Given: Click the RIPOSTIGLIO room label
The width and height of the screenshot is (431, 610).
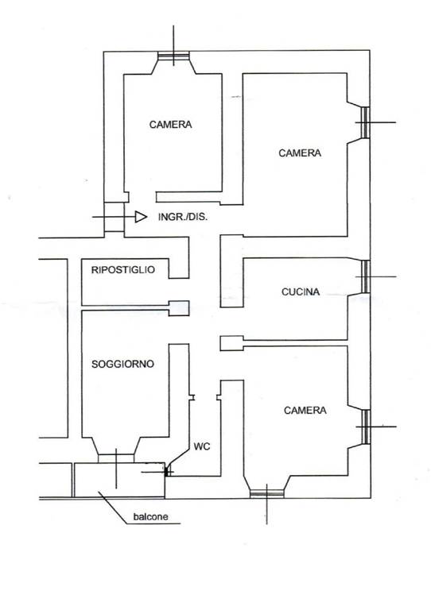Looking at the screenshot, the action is tap(123, 269).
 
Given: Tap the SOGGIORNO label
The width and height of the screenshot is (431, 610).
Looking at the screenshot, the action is tap(123, 364).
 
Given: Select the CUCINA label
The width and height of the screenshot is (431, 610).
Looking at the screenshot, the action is tap(301, 291).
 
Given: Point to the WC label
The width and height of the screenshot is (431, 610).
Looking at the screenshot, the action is tap(202, 446).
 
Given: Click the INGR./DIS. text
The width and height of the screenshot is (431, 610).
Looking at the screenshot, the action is tap(183, 217).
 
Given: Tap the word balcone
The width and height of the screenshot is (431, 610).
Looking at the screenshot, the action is tap(150, 516).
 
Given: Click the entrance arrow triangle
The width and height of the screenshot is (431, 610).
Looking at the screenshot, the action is tap(141, 217).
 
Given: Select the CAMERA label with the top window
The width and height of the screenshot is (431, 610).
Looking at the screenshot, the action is tap(170, 125).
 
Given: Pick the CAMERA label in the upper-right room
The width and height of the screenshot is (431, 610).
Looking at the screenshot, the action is tap(300, 152).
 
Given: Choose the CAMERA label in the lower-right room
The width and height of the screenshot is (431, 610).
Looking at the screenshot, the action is tap(305, 410).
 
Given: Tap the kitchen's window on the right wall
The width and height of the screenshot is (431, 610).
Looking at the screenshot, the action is tap(365, 276).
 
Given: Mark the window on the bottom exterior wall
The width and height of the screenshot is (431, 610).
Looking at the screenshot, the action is tap(266, 494).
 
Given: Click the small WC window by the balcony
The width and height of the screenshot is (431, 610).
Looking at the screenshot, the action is tap(168, 472).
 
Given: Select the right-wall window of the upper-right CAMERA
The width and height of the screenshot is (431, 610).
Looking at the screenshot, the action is tap(365, 122).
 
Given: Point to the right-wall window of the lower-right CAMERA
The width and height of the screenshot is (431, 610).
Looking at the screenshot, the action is tap(365, 427).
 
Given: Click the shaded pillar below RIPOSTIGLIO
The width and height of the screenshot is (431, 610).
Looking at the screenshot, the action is tap(179, 308).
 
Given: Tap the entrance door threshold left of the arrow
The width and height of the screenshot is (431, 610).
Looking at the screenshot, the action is tap(114, 217).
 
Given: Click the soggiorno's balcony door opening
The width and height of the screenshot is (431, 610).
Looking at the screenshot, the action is tap(115, 458).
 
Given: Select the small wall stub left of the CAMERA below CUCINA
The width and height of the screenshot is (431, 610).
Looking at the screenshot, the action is tap(231, 343).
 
